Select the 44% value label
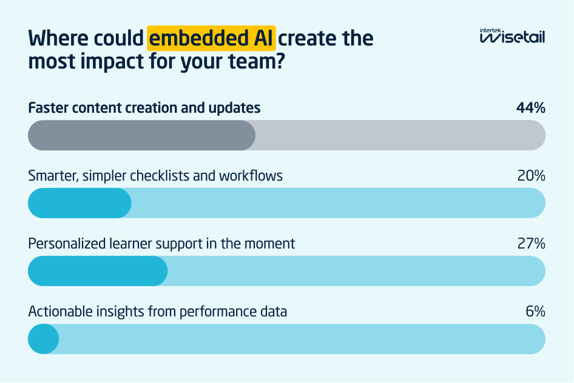coord(530,108)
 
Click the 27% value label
coord(531,244)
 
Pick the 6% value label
coord(535,312)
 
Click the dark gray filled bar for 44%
coord(141,135)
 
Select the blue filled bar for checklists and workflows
coord(79,203)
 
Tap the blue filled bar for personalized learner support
coord(98,271)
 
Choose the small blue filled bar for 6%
coord(43,339)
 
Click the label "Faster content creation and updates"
coord(144,108)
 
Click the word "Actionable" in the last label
coord(59,312)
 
